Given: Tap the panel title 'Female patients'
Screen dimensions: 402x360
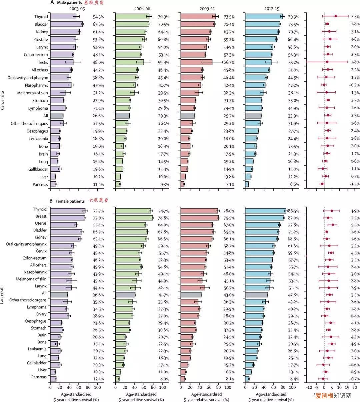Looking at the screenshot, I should (x=70, y=201).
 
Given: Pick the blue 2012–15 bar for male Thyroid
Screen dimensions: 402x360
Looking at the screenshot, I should (x=264, y=17).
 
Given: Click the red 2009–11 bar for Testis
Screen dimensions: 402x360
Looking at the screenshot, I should (x=196, y=62).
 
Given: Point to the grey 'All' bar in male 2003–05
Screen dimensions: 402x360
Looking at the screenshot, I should (x=57, y=116).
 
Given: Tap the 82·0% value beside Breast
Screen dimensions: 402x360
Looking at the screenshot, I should (x=293, y=218).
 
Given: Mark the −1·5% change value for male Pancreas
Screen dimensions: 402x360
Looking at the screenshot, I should (x=354, y=185).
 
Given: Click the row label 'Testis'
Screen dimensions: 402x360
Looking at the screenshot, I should (x=43, y=62).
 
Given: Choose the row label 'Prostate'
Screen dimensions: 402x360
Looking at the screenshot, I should (x=41, y=40).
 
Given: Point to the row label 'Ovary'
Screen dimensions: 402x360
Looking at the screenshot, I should (x=41, y=314).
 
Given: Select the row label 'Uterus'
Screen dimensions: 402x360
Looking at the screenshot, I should (x=41, y=223).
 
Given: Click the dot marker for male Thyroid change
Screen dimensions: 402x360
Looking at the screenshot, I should (x=336, y=16).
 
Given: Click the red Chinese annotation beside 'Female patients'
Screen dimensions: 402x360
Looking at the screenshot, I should (x=98, y=201).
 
